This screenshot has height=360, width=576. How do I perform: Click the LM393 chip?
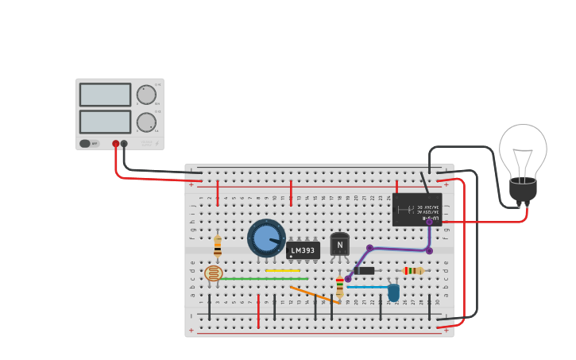click(x=303, y=251)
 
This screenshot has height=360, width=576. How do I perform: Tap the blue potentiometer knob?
click(x=266, y=238)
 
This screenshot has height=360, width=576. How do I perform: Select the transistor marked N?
click(x=339, y=245)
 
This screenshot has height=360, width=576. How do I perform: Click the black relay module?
click(x=416, y=209)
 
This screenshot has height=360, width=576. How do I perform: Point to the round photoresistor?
click(x=213, y=273)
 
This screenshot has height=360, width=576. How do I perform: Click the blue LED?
click(x=393, y=292)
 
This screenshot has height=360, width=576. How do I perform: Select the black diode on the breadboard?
click(x=365, y=270)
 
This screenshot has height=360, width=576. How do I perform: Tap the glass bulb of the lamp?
click(x=523, y=150)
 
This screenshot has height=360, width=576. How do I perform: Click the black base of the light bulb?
click(x=523, y=190)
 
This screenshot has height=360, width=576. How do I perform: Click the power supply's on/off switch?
click(x=85, y=144)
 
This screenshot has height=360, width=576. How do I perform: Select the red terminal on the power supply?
click(x=116, y=144)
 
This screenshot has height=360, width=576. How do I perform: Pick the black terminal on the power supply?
click(x=124, y=144)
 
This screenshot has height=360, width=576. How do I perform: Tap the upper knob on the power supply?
click(x=146, y=95)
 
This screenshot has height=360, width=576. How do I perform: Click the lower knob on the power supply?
click(x=146, y=122)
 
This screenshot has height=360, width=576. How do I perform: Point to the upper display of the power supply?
click(x=105, y=95)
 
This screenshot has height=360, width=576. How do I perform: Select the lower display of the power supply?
click(x=105, y=122)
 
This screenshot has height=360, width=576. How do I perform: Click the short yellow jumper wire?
click(x=282, y=270)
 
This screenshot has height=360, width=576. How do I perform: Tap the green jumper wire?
click(x=262, y=278)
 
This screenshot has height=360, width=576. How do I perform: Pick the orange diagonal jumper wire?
click(x=315, y=295)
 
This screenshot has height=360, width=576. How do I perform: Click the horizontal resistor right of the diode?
click(x=413, y=271)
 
